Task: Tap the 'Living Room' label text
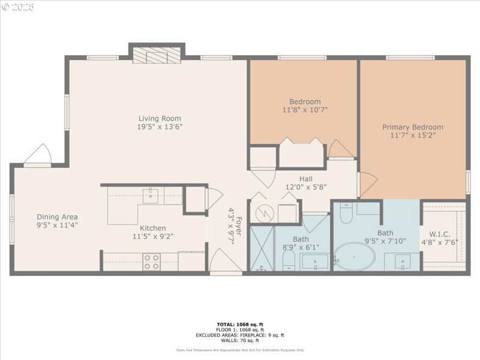point(160,118)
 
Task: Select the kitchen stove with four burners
point(152,262)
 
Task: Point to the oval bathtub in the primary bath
point(354,257)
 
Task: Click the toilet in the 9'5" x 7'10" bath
point(346,212)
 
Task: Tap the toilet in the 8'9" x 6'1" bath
point(289,260)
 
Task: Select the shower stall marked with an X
point(262,248)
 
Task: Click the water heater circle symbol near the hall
point(265,214)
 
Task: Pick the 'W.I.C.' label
point(443,234)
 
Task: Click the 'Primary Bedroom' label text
point(413,127)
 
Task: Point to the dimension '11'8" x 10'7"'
point(305,110)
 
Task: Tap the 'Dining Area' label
point(57,217)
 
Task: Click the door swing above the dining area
point(37,154)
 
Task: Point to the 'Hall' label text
point(306,179)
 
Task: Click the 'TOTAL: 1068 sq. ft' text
point(239,325)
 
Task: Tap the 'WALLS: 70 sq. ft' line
point(239,340)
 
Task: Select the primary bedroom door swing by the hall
point(367,183)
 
